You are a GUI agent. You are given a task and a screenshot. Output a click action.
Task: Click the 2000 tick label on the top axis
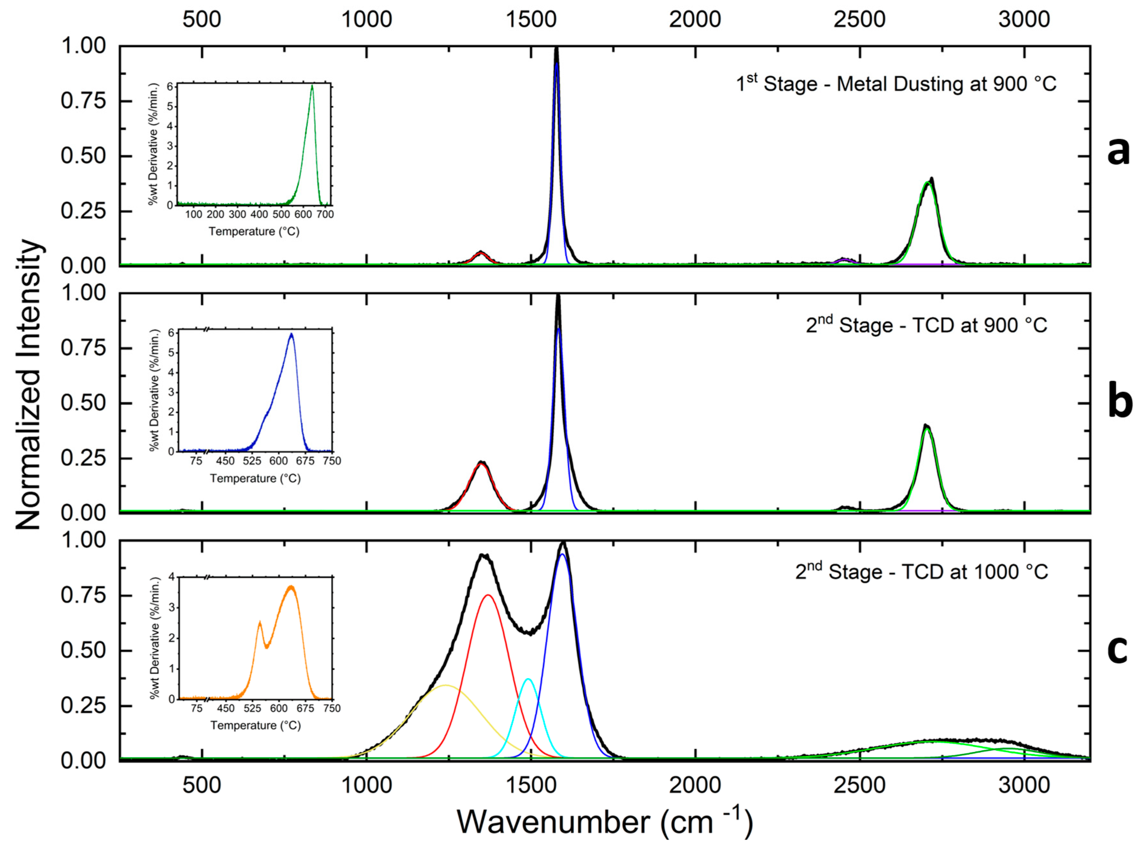(x=695, y=20)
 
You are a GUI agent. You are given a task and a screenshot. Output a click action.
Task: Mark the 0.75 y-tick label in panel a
(x=83, y=100)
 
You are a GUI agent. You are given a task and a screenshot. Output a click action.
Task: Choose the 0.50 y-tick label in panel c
(x=83, y=650)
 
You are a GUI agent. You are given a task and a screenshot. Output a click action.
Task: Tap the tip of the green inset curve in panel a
(x=312, y=86)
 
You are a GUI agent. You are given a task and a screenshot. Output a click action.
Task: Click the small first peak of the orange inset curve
(x=260, y=622)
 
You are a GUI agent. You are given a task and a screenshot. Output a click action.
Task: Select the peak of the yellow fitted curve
(x=445, y=686)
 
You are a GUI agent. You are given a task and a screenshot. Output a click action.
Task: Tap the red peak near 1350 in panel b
(x=481, y=464)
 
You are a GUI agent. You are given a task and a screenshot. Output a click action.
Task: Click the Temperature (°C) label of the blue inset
(x=255, y=478)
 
